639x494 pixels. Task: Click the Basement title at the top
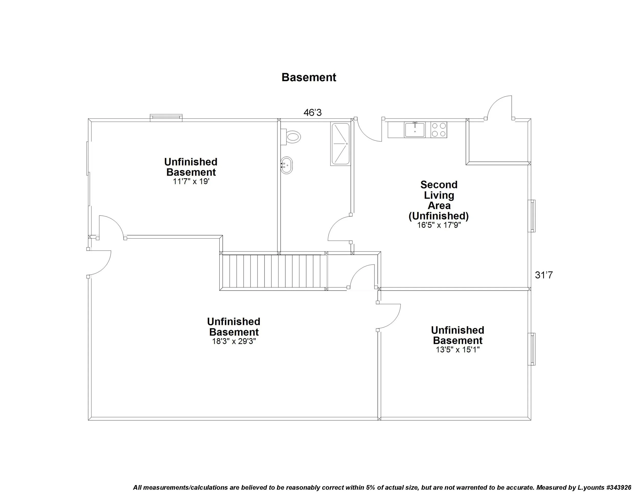[x=309, y=77]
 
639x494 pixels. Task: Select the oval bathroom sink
[x=287, y=166]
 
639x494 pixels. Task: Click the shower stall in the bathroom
[x=340, y=144]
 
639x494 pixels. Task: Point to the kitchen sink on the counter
[x=415, y=130]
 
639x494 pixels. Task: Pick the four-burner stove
[x=439, y=130]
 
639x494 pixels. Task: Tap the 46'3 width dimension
[x=313, y=113]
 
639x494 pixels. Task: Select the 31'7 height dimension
[x=544, y=275]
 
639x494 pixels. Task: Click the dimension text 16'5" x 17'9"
[x=439, y=225]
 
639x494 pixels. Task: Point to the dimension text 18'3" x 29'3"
[x=234, y=342]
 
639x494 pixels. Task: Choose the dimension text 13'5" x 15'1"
[x=458, y=350]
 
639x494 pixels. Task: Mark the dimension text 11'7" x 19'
[x=191, y=182]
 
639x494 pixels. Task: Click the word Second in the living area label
[x=439, y=185]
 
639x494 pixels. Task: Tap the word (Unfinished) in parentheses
[x=439, y=216]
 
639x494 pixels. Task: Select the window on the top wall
[x=166, y=118]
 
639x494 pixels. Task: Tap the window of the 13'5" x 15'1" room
[x=532, y=349]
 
